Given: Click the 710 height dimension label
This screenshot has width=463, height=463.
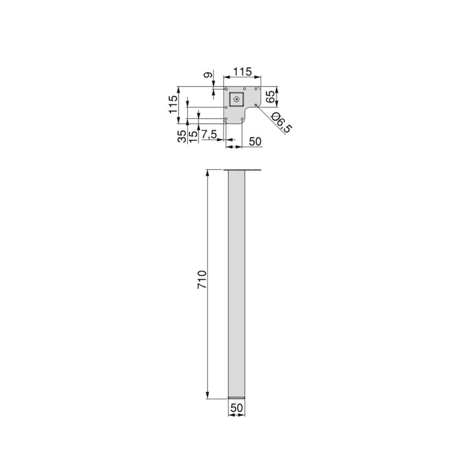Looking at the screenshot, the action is [x=202, y=279].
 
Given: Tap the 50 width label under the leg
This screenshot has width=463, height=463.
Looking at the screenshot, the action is [x=237, y=408].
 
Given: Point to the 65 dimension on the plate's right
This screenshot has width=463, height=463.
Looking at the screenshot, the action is [x=270, y=97].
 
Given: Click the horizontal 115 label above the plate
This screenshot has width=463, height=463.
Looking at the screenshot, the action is [x=243, y=71].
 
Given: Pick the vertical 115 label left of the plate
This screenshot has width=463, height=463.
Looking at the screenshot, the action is [x=173, y=105].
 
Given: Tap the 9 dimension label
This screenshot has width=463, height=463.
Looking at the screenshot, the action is [x=208, y=75].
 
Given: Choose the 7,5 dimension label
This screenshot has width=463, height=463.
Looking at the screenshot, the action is [x=209, y=135].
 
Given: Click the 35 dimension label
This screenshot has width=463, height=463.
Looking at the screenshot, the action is [x=182, y=136].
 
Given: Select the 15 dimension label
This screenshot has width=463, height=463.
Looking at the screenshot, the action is [x=193, y=136].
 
